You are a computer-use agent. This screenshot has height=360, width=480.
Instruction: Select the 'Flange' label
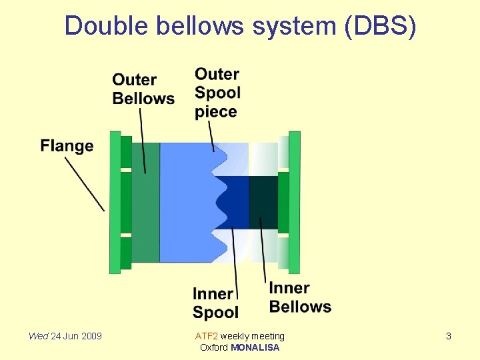[67, 145]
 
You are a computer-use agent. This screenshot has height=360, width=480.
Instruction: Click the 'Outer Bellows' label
[143, 89]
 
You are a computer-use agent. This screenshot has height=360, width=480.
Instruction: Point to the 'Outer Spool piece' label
[217, 93]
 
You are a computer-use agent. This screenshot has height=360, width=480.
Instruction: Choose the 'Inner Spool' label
[215, 303]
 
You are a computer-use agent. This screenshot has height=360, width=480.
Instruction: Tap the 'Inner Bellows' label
[300, 297]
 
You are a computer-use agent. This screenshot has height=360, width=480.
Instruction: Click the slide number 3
[449, 336]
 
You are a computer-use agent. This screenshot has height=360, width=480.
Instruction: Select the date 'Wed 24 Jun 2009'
[65, 336]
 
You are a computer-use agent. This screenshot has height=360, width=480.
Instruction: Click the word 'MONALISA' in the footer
[255, 347]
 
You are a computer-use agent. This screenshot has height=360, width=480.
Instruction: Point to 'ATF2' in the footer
[206, 336]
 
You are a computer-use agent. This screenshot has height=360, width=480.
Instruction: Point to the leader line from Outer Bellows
[142, 140]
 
